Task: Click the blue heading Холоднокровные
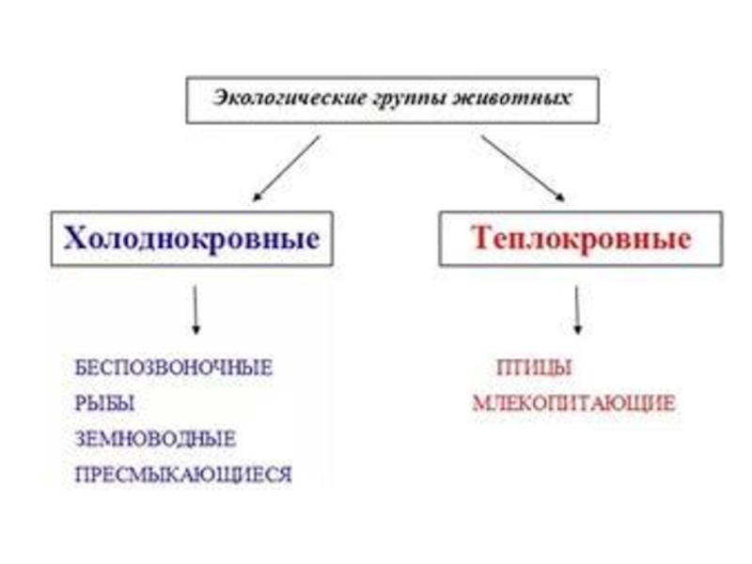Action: [x=191, y=238]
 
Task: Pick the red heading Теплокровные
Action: [x=580, y=238]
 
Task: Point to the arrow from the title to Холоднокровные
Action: [x=287, y=168]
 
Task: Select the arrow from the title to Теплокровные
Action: [x=523, y=168]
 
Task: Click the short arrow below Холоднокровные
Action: [x=196, y=309]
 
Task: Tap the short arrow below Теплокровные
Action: [x=576, y=309]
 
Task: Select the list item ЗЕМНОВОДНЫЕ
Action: [x=155, y=439]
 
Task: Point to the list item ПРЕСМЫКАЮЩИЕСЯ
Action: [x=183, y=475]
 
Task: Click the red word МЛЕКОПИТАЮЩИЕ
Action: [x=573, y=404]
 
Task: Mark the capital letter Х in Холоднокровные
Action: [x=76, y=238]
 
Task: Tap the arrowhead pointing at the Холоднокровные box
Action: [x=258, y=197]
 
